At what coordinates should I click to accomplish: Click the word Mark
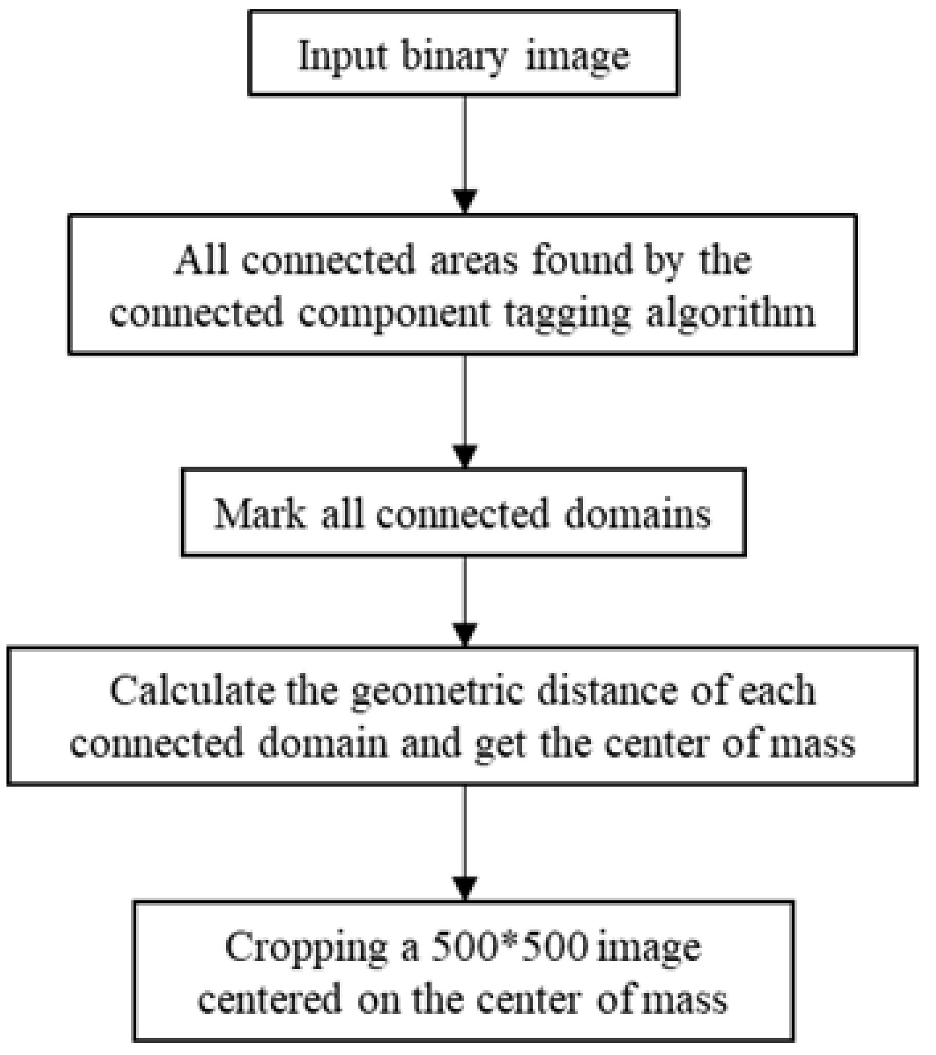pyautogui.click(x=260, y=513)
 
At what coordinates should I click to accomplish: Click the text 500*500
pyautogui.click(x=509, y=948)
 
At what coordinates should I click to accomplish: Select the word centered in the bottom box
pyautogui.click(x=270, y=1000)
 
